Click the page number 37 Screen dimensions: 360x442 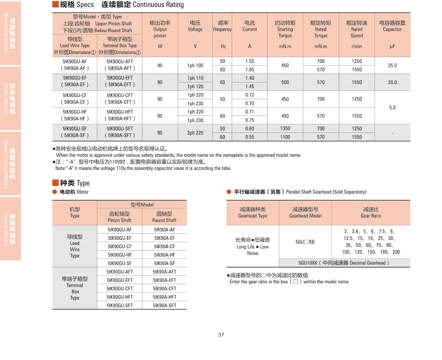(x=221, y=334)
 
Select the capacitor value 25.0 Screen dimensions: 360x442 (x=392, y=65)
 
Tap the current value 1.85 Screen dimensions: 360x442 (x=250, y=69)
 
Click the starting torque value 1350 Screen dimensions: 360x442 (x=285, y=129)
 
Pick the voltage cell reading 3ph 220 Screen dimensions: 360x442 (x=195, y=133)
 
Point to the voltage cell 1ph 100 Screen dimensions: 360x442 (x=195, y=66)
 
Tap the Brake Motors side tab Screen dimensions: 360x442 (x=11, y=98)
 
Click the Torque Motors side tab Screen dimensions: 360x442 (x=11, y=229)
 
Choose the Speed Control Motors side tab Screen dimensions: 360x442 (x=11, y=163)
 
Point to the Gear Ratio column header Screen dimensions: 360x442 (x=371, y=212)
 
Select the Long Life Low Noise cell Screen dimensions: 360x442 (x=253, y=246)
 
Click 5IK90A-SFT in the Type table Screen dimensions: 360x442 (x=165, y=306)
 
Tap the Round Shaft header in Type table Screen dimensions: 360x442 (x=164, y=217)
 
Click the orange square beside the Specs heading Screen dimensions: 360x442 (x=55, y=5)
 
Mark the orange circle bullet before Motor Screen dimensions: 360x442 (x=55, y=192)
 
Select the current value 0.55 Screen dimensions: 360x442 (x=250, y=137)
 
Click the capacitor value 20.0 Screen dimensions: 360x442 (x=392, y=82)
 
